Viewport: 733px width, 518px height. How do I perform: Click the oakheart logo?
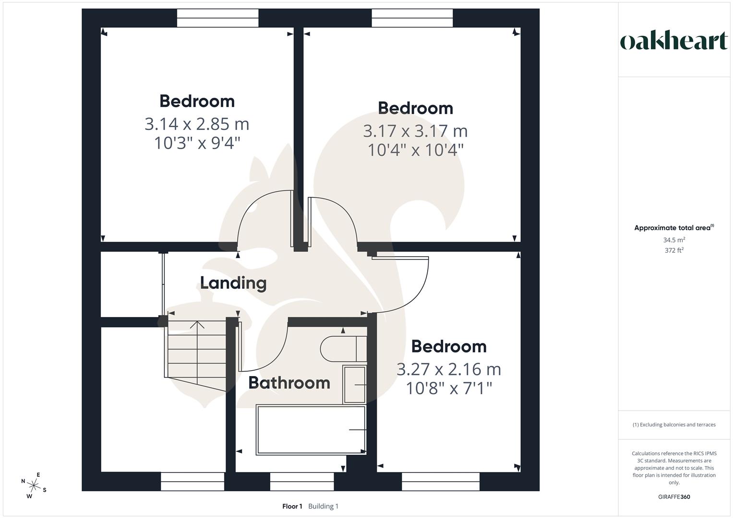pyautogui.click(x=673, y=41)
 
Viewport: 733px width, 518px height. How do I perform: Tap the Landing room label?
pyautogui.click(x=233, y=283)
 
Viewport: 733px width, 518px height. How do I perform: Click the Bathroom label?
pyautogui.click(x=289, y=383)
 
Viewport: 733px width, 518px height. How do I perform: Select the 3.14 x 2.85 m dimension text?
pyautogui.click(x=197, y=124)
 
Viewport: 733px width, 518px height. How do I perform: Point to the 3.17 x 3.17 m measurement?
pyautogui.click(x=415, y=131)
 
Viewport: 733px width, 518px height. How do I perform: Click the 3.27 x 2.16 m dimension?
pyautogui.click(x=449, y=369)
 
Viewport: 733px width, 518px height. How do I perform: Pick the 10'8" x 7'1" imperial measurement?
pyautogui.click(x=449, y=388)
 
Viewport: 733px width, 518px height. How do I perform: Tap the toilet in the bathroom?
pyautogui.click(x=343, y=349)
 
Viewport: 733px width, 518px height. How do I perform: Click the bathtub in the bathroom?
pyautogui.click(x=311, y=430)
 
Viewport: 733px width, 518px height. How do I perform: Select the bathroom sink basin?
pyautogui.click(x=354, y=385)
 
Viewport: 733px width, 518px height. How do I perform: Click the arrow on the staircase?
pyautogui.click(x=197, y=325)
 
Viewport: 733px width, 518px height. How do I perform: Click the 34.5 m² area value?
pyautogui.click(x=674, y=240)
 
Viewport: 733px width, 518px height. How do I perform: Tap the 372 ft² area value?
pyautogui.click(x=674, y=250)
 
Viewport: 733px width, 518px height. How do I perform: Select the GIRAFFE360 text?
pyautogui.click(x=674, y=497)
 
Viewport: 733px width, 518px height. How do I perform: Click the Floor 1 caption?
pyautogui.click(x=292, y=506)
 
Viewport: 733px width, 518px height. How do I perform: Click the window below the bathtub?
pyautogui.click(x=302, y=482)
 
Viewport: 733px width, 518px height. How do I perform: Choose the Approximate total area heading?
pyautogui.click(x=673, y=228)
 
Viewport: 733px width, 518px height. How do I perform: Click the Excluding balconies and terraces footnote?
pyautogui.click(x=674, y=424)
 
